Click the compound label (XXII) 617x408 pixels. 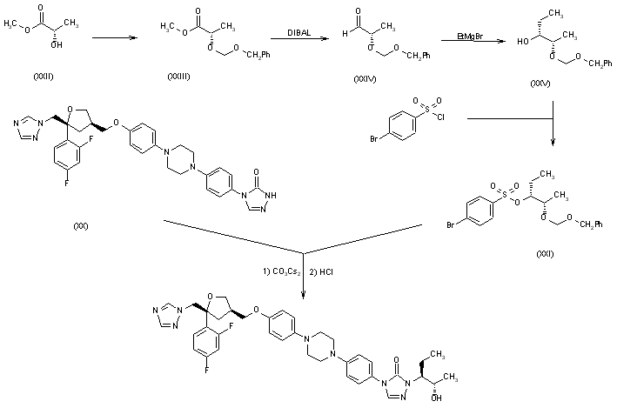pyautogui.click(x=43, y=77)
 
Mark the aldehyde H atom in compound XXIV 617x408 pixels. pyautogui.click(x=348, y=31)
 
